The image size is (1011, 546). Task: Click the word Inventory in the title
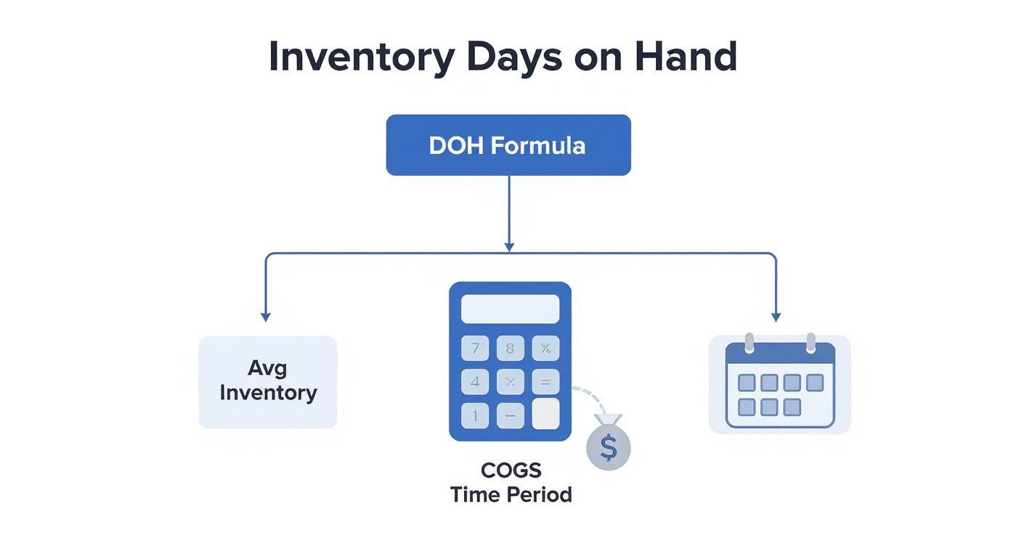point(361,57)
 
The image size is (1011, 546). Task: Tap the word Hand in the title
point(685,57)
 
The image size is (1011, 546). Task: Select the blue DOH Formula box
point(508,145)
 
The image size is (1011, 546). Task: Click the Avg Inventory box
point(268,381)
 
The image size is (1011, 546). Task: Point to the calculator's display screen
point(510,309)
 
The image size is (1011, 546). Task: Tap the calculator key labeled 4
point(475,381)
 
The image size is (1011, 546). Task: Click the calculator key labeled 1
point(475,416)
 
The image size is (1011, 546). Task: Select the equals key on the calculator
point(545,381)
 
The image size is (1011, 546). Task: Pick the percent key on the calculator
point(545,349)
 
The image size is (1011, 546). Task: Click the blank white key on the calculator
point(545,414)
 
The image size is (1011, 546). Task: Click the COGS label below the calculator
point(511,470)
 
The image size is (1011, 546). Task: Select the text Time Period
point(511,495)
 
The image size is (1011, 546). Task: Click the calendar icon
point(780,384)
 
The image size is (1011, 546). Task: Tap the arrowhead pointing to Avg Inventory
point(266,317)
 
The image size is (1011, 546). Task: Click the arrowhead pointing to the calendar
point(776,317)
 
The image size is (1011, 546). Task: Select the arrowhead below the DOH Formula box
point(509,247)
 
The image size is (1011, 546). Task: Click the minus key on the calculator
point(510,416)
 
